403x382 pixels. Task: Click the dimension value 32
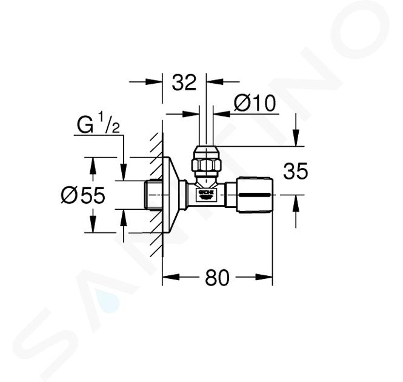click(x=184, y=82)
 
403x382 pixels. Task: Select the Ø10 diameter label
click(x=255, y=103)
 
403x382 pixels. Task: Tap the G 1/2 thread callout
click(x=98, y=124)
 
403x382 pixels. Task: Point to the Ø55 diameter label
click(x=83, y=195)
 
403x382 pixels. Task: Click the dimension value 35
click(x=295, y=171)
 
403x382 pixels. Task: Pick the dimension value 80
click(x=217, y=278)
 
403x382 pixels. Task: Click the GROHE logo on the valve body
click(x=206, y=194)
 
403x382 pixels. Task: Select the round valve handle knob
click(x=255, y=195)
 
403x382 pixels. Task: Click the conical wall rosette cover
click(x=170, y=195)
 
